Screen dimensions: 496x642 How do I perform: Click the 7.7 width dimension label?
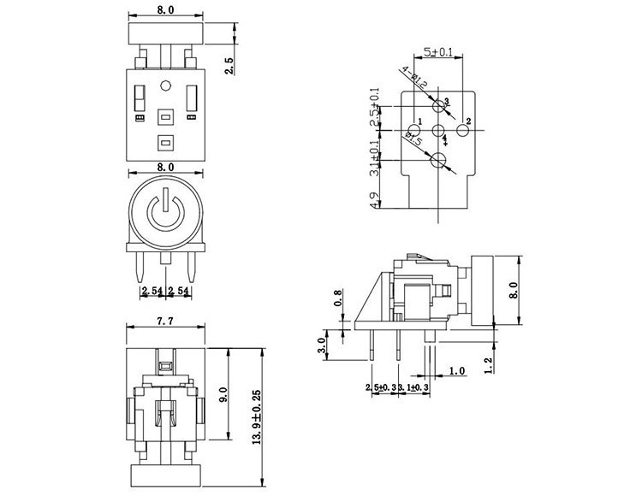coord(166,322)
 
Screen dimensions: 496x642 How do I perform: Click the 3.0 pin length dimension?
coord(322,345)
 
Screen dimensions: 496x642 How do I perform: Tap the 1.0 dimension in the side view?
coord(456,371)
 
